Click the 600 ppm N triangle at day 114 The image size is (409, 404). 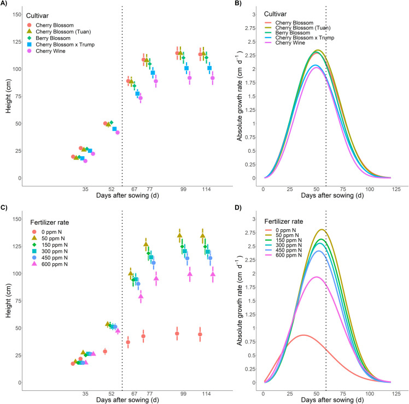[x=213, y=274]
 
